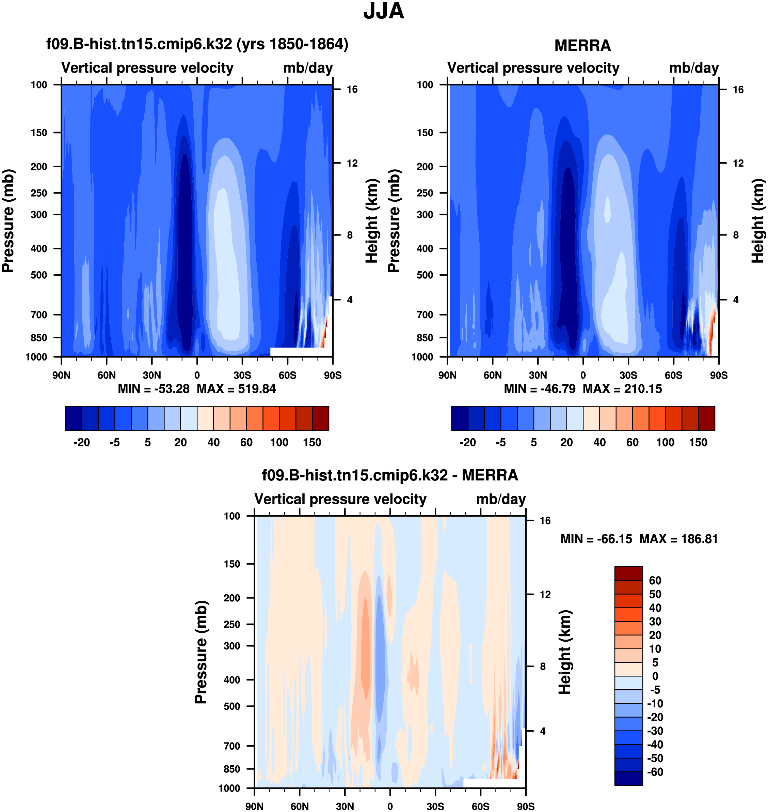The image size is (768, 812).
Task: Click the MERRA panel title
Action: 582,45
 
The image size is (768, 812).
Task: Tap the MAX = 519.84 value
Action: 236,389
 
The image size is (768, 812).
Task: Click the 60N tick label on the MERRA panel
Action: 493,375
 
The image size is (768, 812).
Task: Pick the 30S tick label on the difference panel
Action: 435,806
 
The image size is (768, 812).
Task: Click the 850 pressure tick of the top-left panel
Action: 39,338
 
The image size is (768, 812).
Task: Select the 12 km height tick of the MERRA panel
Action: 738,163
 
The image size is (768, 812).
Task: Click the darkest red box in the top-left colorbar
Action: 321,418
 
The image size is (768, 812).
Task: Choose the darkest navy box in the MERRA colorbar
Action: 459,418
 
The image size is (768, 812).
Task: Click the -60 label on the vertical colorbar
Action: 655,772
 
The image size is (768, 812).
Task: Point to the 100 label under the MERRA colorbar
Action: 665,443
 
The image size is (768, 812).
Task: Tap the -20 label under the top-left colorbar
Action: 82,443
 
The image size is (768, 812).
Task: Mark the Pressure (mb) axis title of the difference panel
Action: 201,652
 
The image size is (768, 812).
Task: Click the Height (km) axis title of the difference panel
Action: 565,652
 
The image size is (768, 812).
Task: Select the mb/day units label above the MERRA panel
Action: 694,68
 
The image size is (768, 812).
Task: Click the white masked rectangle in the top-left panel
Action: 301,352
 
